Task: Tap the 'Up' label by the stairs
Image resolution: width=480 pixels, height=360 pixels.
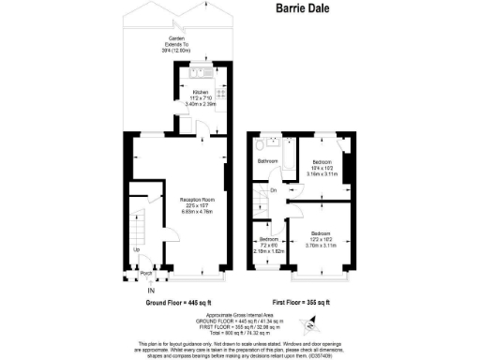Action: (x=137, y=249)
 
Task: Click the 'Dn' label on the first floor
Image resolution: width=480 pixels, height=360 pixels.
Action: (x=272, y=191)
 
